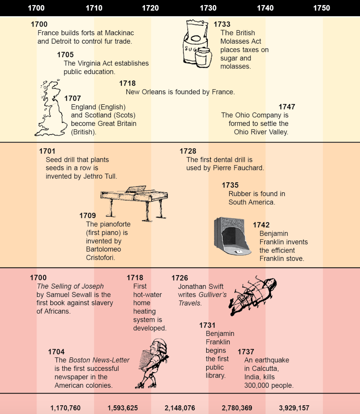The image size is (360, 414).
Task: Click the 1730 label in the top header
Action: tap(208, 8)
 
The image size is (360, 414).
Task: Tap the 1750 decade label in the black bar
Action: tap(321, 8)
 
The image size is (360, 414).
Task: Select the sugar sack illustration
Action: tap(197, 44)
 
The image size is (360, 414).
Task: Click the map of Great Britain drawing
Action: tap(51, 108)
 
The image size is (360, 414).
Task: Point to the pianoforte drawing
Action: tap(134, 203)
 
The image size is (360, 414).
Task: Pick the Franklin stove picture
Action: tap(232, 236)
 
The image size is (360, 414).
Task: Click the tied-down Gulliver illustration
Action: tap(253, 295)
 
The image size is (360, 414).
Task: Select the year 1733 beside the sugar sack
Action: tap(222, 24)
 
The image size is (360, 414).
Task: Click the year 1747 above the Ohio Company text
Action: tap(287, 107)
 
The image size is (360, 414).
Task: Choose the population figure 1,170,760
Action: tap(65, 408)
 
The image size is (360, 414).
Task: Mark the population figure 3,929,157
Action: tap(294, 408)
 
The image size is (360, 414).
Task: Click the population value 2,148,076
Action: tap(180, 408)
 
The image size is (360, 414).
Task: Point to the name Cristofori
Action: tap(100, 258)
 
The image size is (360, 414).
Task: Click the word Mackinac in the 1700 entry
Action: tap(120, 33)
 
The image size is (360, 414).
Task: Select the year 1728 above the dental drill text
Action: tap(188, 151)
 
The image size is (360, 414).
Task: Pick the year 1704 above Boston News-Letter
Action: tap(56, 352)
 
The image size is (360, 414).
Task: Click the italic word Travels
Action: tap(190, 303)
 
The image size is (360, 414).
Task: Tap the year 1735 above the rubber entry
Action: tap(230, 185)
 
